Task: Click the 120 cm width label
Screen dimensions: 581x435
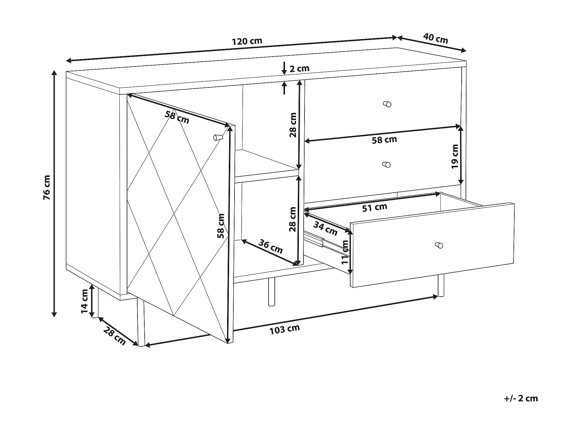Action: [x=247, y=41]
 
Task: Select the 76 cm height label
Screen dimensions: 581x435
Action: [x=47, y=187]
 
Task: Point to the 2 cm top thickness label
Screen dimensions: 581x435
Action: [x=299, y=68]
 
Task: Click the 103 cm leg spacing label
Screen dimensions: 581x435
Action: [x=284, y=329]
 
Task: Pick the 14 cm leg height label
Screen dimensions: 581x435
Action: [x=85, y=301]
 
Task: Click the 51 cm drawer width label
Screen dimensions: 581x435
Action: [x=375, y=207]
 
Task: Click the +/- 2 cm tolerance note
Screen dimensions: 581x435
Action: [x=521, y=398]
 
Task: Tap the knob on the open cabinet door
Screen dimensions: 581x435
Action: [x=218, y=137]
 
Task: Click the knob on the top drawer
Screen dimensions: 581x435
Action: [x=387, y=104]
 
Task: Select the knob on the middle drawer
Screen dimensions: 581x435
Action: [x=386, y=164]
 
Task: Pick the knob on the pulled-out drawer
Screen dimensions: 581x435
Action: [x=439, y=245]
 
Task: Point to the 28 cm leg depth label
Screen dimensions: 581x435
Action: [x=114, y=336]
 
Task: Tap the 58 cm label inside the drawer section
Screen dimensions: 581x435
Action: [x=384, y=140]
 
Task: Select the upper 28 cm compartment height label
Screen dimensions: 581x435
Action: [x=293, y=125]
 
